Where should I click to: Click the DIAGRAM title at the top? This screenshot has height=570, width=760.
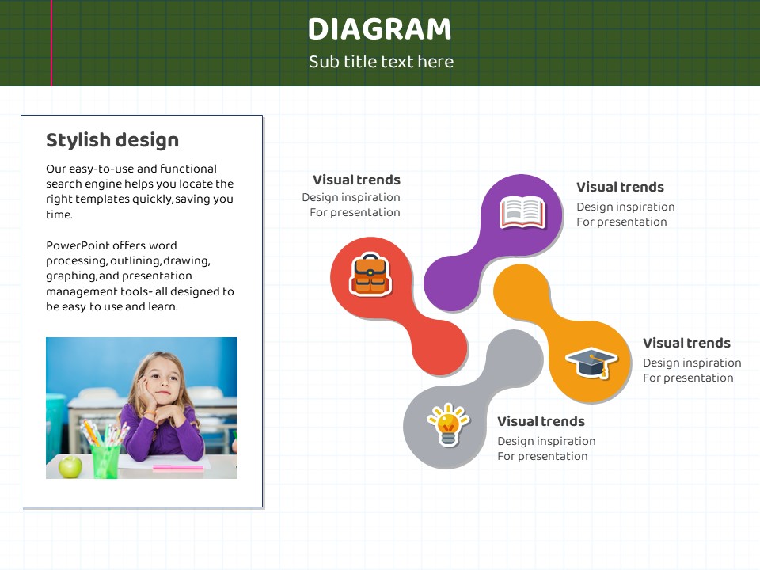(x=379, y=28)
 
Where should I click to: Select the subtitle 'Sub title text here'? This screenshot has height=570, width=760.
(x=381, y=62)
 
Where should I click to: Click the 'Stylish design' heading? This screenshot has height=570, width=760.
(x=112, y=140)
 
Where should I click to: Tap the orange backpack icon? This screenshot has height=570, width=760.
(x=370, y=275)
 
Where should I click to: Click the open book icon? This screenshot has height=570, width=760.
(x=522, y=212)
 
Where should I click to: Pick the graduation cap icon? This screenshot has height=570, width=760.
(x=591, y=362)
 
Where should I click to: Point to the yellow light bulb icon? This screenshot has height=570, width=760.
(x=448, y=424)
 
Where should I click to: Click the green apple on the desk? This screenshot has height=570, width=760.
(x=70, y=466)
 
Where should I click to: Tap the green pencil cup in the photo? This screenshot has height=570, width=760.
(x=105, y=461)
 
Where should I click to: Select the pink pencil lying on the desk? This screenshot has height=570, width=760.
(x=178, y=468)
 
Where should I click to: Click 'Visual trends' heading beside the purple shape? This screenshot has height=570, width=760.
(x=620, y=187)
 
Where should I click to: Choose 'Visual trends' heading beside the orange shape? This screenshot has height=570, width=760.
(x=686, y=343)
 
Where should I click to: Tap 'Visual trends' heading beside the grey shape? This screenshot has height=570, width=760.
(x=541, y=421)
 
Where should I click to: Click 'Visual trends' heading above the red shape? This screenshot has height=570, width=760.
(x=356, y=180)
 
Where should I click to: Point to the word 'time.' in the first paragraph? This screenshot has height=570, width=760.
(x=59, y=215)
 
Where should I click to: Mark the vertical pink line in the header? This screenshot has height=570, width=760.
(x=51, y=43)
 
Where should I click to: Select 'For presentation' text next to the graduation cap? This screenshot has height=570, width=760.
(x=688, y=378)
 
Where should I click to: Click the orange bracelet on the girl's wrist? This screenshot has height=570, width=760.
(x=150, y=413)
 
